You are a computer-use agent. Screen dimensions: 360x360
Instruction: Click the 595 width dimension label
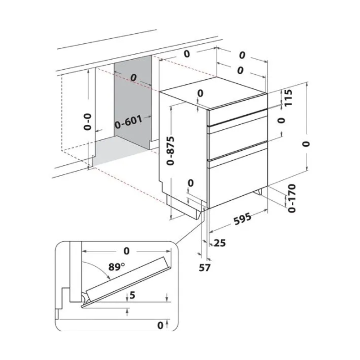[x=242, y=219]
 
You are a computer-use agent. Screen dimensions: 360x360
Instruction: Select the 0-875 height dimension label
[x=170, y=151]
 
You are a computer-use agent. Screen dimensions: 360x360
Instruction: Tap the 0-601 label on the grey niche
[x=129, y=121]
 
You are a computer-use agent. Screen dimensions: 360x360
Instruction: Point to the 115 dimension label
[x=289, y=97]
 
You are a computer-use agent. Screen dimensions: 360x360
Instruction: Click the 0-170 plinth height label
[x=291, y=198]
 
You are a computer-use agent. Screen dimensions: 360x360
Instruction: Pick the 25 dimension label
[x=220, y=242]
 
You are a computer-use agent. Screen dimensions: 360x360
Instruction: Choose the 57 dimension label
[x=205, y=268]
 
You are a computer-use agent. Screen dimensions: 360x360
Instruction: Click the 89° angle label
[x=116, y=267]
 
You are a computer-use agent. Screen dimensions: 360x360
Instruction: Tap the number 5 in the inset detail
[x=132, y=295]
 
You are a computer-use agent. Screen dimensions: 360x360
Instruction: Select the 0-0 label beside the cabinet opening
[x=88, y=121]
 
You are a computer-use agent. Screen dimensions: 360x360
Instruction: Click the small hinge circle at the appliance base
[x=204, y=209]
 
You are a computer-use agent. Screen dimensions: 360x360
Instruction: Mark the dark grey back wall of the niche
[x=133, y=101]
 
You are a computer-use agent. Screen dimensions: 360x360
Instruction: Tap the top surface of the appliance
[x=214, y=92]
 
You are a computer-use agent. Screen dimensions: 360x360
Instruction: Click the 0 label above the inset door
[x=127, y=251]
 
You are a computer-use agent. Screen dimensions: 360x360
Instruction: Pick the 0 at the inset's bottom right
[x=160, y=325]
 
